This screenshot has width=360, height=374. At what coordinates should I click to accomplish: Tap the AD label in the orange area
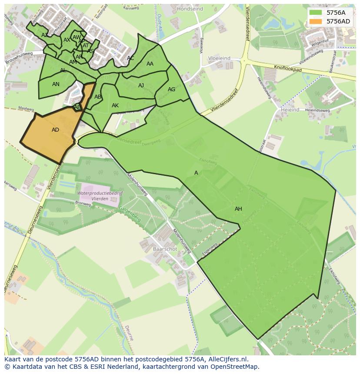55,130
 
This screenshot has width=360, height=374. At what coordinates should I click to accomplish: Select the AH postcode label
238,209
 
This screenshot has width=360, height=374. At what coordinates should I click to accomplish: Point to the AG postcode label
171,89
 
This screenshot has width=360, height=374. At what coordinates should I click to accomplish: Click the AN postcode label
56,84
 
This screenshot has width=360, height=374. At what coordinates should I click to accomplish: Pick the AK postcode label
115,106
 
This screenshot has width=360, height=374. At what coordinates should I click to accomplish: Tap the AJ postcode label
141,86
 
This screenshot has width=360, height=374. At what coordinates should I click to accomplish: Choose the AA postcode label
150,64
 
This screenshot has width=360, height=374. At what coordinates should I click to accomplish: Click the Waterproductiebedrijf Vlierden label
100,195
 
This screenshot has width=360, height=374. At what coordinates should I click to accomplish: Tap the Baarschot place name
165,249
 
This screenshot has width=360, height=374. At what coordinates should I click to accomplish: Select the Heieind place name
290,110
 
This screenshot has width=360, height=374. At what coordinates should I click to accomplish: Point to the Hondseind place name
190,9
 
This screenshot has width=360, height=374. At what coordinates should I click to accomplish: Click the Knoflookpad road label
288,69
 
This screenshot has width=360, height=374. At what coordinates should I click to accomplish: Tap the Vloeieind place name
219,58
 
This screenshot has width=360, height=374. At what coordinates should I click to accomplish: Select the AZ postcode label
45,35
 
